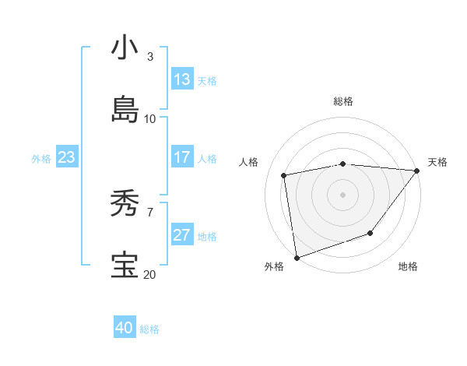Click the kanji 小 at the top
point(125,48)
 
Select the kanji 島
point(125,110)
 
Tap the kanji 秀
point(125,203)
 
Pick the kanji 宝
point(125,266)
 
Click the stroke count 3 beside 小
point(150,57)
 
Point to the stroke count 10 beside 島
point(150,118)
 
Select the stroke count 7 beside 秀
point(150,212)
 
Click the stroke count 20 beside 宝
point(150,274)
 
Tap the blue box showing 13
point(182,79)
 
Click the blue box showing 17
point(182,157)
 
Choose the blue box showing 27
point(182,235)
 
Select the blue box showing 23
point(67,157)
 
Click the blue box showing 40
point(125,328)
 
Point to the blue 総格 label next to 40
point(150,329)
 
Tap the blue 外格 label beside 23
point(41,159)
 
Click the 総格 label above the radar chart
point(343,101)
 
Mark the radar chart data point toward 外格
point(297,257)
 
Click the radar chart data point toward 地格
point(371,233)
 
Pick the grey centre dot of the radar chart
point(343,194)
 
